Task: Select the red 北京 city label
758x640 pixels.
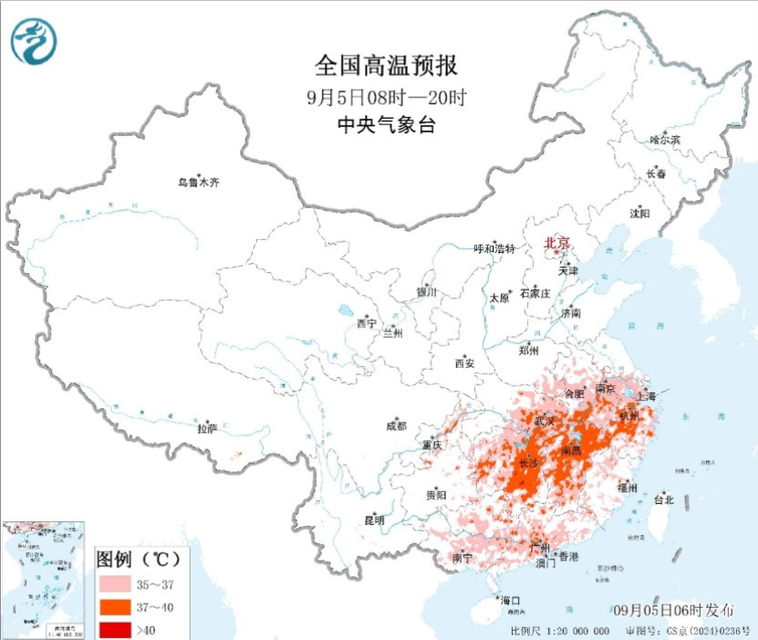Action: pos(556,243)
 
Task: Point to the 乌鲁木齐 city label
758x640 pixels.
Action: pos(198,183)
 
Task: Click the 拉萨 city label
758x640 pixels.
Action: pos(207,427)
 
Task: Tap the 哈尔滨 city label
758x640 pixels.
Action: pos(664,140)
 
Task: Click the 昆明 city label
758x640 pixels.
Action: pos(374,520)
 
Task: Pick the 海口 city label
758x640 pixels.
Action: pos(511,600)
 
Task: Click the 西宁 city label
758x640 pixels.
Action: pos(366,323)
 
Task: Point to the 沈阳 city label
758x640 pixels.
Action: pos(639,214)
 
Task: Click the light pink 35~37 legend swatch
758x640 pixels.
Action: pos(114,582)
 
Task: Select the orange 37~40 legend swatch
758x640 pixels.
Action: pos(114,605)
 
